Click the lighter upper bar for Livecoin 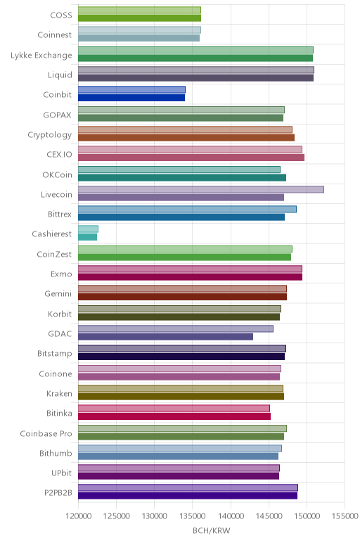[x=201, y=189]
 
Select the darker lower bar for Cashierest [x=88, y=237]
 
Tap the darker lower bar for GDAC [x=165, y=337]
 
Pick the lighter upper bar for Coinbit [x=131, y=90]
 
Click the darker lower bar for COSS [x=139, y=18]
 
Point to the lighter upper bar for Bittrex [x=187, y=209]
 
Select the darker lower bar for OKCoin [x=182, y=178]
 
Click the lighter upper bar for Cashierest [x=89, y=229]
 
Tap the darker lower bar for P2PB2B [x=188, y=496]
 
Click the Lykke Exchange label [x=41, y=55]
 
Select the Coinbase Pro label [x=46, y=433]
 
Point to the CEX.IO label [x=59, y=154]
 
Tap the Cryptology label [x=49, y=135]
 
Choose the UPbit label [x=61, y=473]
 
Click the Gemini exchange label [x=58, y=294]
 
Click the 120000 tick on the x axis [x=79, y=516]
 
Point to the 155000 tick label [x=345, y=516]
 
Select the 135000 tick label [x=193, y=516]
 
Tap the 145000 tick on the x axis [x=269, y=516]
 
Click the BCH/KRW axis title [x=211, y=530]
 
